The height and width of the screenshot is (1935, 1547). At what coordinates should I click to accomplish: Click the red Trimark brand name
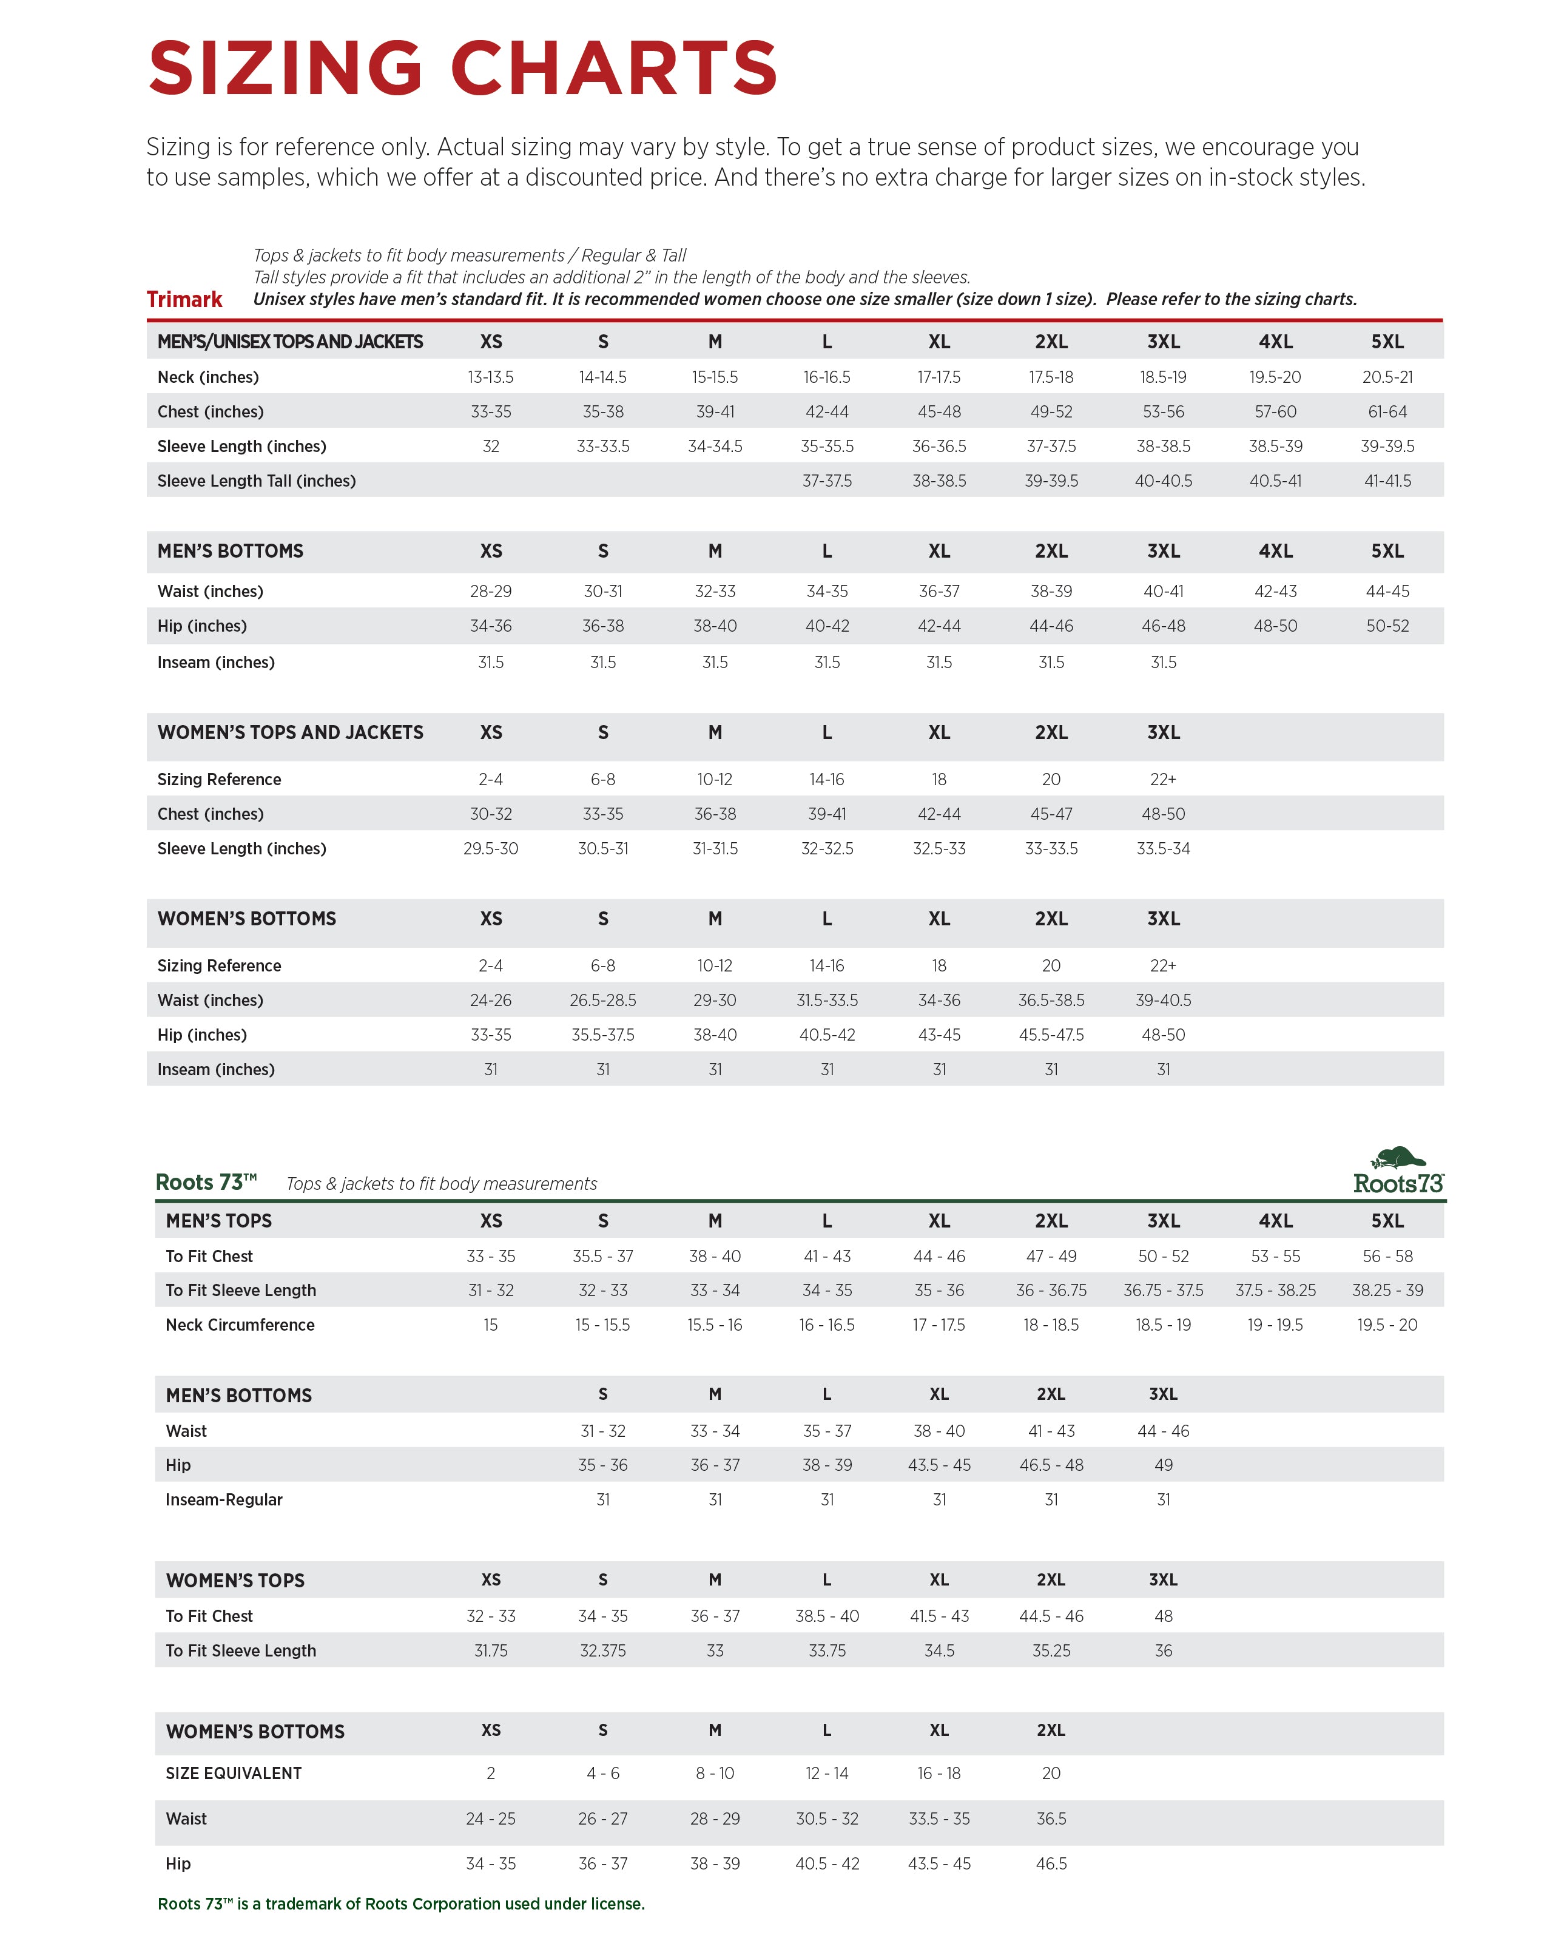pyautogui.click(x=184, y=299)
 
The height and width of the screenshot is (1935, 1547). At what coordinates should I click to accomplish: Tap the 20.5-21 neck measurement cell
pyautogui.click(x=1386, y=377)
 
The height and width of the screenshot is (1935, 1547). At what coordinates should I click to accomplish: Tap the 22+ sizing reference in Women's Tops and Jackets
pyautogui.click(x=1163, y=779)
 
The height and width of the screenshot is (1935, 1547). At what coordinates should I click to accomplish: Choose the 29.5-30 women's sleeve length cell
pyautogui.click(x=490, y=848)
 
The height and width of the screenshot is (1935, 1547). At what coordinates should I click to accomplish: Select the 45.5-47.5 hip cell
pyautogui.click(x=1051, y=1035)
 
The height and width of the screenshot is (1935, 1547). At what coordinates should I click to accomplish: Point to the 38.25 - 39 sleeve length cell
pyautogui.click(x=1386, y=1290)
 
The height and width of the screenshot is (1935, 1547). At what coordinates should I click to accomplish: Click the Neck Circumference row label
pyautogui.click(x=240, y=1325)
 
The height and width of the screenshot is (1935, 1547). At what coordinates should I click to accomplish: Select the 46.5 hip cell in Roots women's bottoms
pyautogui.click(x=1051, y=1864)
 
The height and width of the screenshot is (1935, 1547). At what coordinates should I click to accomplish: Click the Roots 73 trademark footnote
pyautogui.click(x=401, y=1903)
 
